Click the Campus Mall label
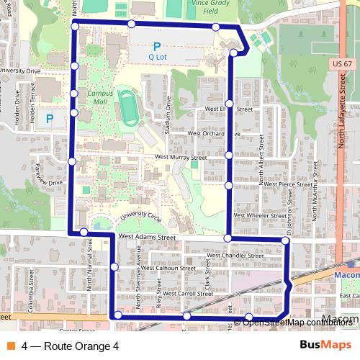(x=101, y=97)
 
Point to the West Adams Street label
(x=148, y=235)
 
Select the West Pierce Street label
(x=287, y=184)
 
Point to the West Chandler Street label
(x=235, y=255)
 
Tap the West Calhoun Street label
(x=168, y=268)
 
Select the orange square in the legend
(x=9, y=346)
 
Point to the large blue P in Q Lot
(x=156, y=46)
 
